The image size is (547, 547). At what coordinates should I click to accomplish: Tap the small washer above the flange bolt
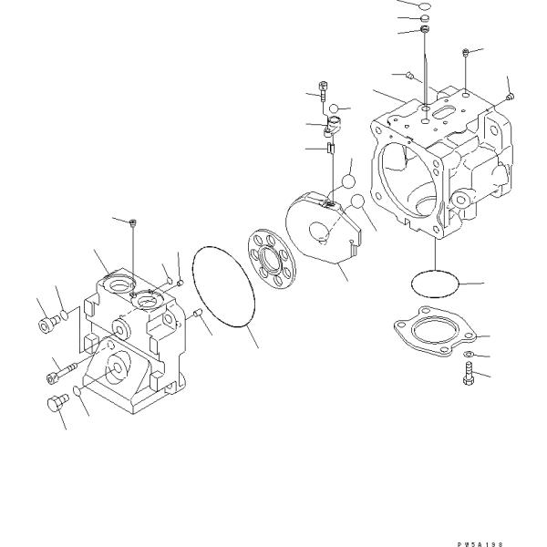(467, 353)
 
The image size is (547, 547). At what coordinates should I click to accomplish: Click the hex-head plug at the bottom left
(55, 402)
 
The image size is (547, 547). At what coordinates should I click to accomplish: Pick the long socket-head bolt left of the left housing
(56, 372)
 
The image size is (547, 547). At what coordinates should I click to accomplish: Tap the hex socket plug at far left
(46, 322)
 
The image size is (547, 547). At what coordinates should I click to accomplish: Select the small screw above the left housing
(133, 223)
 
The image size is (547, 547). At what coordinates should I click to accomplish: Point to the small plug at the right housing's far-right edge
(510, 96)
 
